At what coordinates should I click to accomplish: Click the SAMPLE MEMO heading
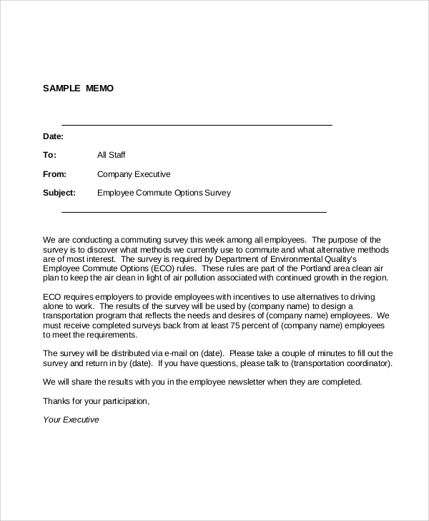78,88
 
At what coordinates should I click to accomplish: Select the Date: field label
54,136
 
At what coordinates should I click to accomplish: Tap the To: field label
49,155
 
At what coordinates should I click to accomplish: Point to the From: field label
55,174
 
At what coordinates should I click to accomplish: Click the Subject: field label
59,193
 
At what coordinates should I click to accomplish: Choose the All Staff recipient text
112,155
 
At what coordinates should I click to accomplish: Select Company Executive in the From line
134,174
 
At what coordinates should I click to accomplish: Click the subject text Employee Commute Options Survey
164,193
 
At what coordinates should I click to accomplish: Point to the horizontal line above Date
197,125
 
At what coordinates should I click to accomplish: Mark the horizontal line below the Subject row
194,212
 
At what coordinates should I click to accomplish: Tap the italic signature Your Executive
71,420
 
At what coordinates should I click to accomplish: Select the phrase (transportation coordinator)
340,363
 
